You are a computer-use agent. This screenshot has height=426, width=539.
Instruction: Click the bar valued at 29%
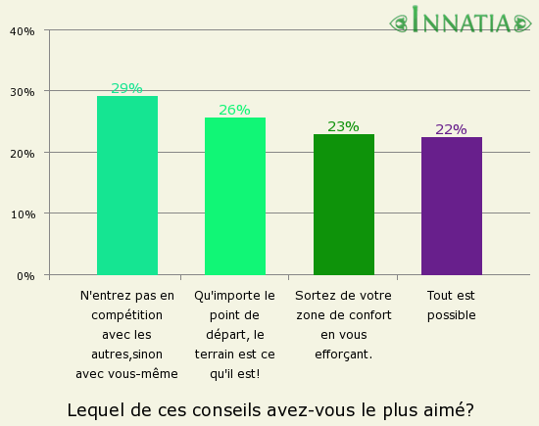127,185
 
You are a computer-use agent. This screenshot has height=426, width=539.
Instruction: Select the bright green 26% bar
235,196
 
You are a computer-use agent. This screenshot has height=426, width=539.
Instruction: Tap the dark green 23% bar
343,205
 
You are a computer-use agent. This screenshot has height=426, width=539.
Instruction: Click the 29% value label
127,89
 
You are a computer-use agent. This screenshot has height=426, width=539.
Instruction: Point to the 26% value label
235,110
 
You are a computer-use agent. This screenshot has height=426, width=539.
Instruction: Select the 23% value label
343,126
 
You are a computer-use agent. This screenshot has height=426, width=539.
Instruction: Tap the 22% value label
452,129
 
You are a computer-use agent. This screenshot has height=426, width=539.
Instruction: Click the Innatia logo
460,21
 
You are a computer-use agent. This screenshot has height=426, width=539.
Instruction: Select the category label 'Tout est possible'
452,305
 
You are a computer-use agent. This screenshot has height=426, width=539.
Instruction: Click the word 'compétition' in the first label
127,314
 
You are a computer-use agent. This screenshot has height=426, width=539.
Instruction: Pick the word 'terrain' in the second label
215,354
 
